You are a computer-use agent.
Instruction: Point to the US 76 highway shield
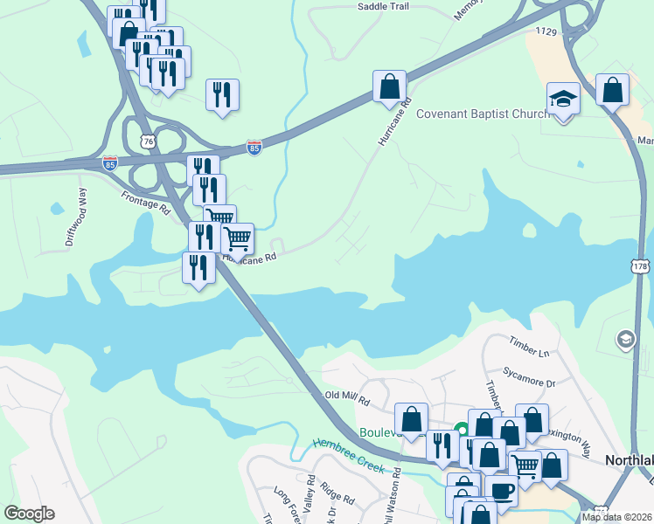click(x=150, y=141)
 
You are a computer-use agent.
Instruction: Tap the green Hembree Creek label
click(x=343, y=452)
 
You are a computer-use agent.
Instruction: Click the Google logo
click(x=29, y=514)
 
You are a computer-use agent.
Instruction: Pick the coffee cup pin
click(x=502, y=490)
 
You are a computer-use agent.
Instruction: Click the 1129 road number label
click(x=547, y=31)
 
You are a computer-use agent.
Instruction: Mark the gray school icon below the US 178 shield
click(x=626, y=339)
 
